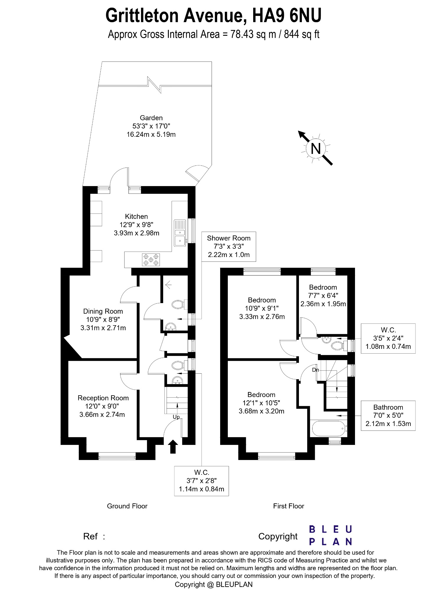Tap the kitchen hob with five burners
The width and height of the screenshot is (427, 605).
click(x=151, y=260)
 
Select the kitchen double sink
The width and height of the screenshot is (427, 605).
click(x=180, y=233)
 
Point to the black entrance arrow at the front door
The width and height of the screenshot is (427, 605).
click(x=173, y=447)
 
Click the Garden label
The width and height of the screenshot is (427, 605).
click(x=151, y=118)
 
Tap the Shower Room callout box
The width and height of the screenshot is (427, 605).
click(x=229, y=246)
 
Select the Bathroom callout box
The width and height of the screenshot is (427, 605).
click(x=388, y=415)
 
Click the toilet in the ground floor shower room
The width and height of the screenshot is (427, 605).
click(x=178, y=304)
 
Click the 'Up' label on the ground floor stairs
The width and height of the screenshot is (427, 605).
click(x=176, y=417)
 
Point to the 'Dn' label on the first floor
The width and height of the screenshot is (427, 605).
click(x=315, y=370)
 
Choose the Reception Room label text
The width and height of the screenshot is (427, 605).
click(x=103, y=398)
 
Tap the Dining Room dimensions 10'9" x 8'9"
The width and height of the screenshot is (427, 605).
click(x=103, y=319)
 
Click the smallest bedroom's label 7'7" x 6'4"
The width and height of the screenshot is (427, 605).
click(x=323, y=295)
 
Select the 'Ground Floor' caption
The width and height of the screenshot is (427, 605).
click(x=127, y=506)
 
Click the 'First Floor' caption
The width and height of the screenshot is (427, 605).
click(x=288, y=506)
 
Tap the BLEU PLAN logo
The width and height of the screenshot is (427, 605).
click(x=331, y=535)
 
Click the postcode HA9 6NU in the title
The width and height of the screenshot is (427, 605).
click(x=286, y=15)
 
